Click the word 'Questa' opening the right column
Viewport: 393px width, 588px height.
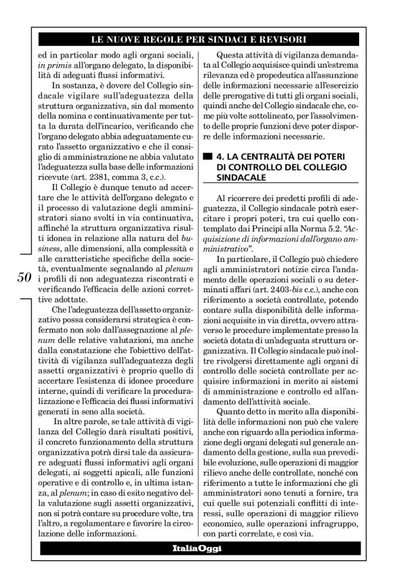coord(232,53)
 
